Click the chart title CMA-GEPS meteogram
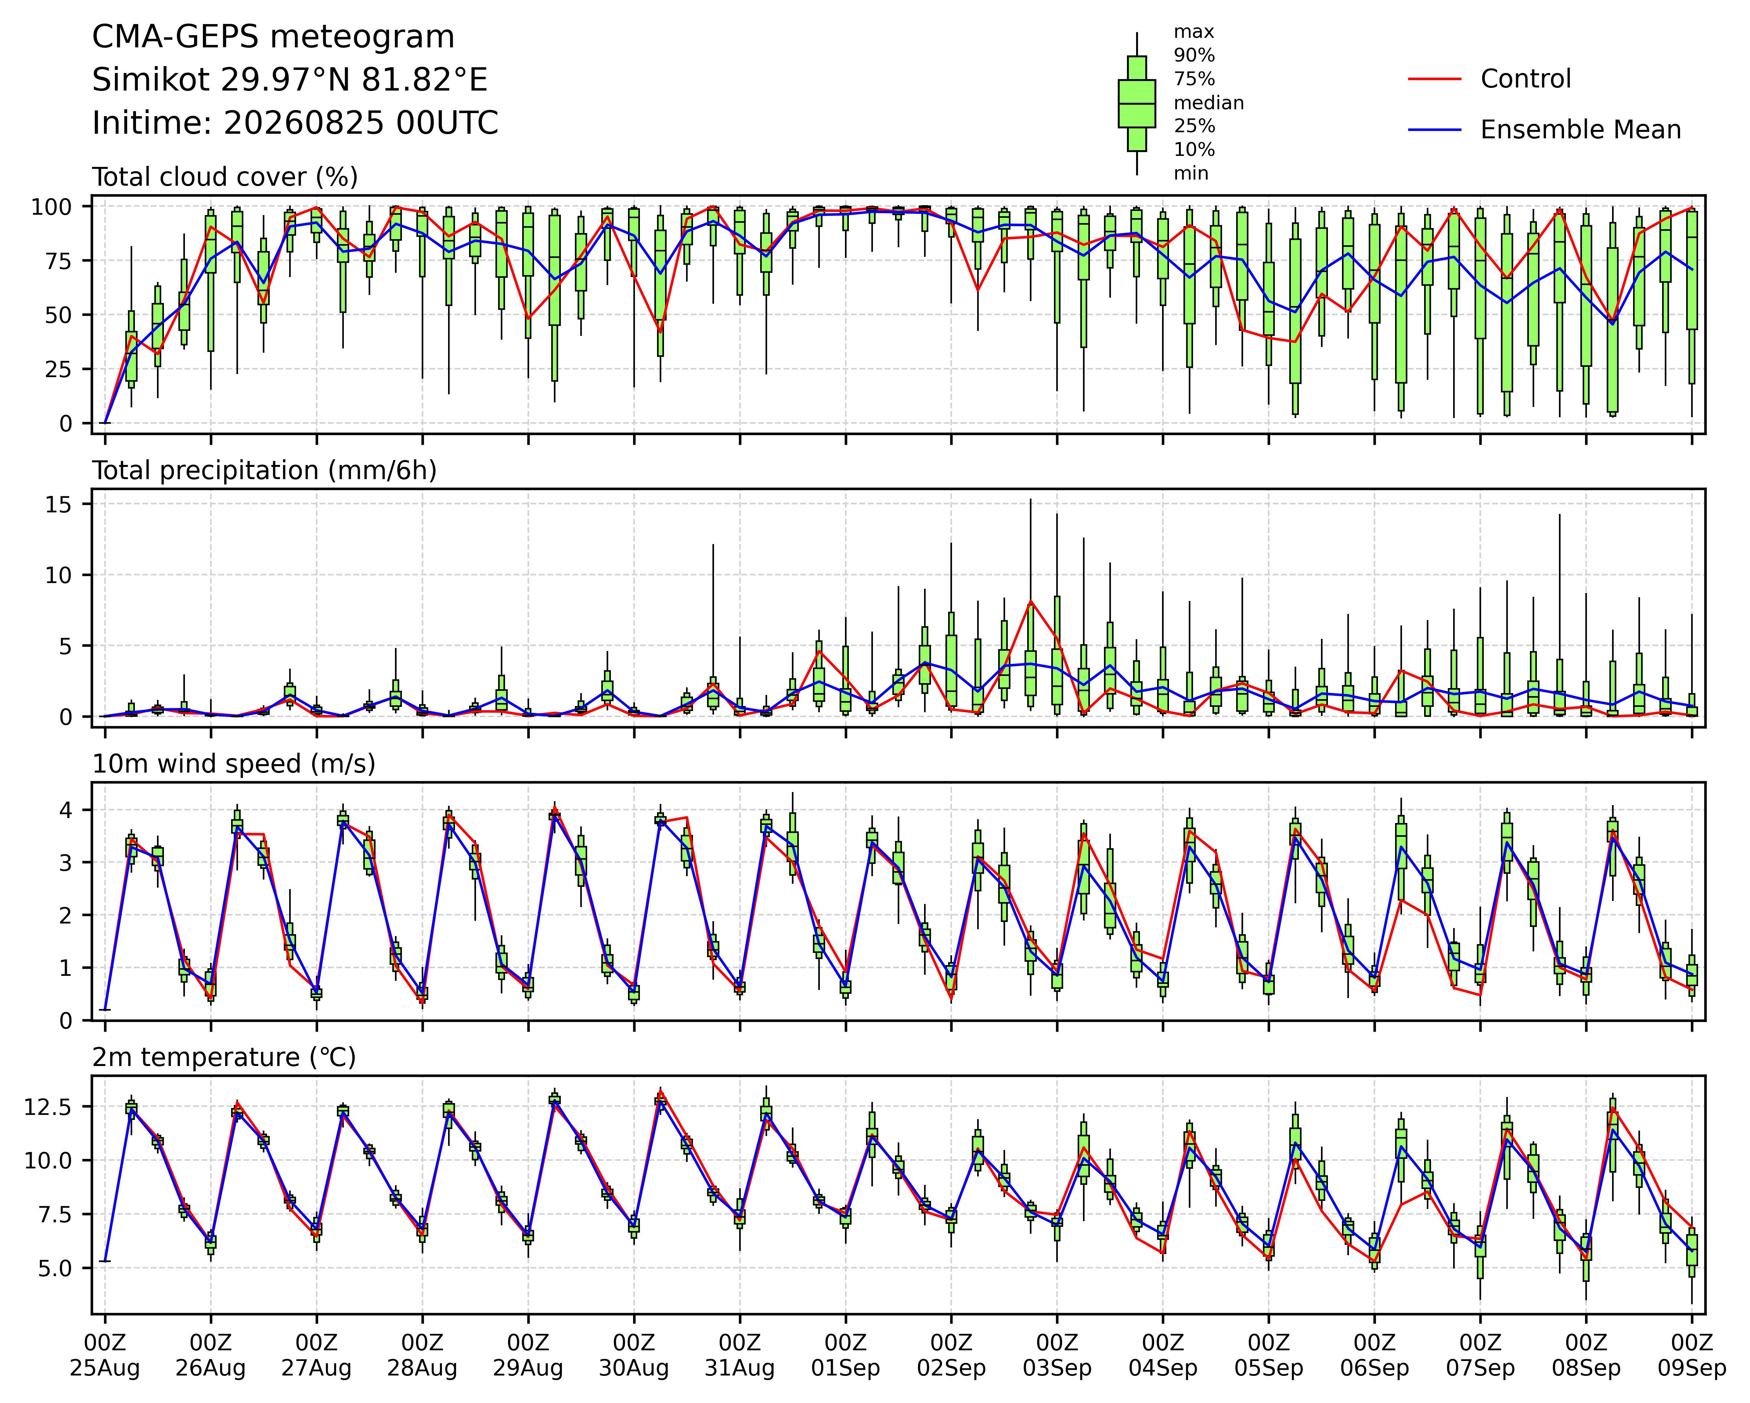tap(274, 37)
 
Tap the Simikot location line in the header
tap(290, 80)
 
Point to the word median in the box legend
tap(1209, 103)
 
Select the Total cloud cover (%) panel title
tap(225, 177)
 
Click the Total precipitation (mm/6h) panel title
tap(265, 471)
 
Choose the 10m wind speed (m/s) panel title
tap(234, 764)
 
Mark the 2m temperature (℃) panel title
tap(224, 1057)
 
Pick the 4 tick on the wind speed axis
tap(66, 810)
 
